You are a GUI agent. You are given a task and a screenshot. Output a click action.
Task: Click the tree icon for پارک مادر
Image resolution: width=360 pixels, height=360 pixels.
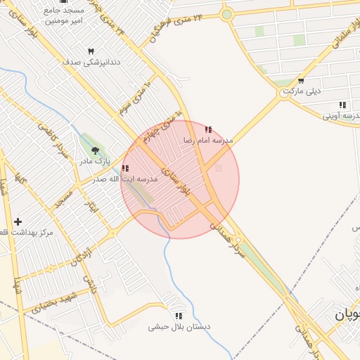click(96, 150)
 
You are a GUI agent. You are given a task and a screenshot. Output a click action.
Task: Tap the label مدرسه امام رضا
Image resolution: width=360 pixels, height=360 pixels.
click(207, 141)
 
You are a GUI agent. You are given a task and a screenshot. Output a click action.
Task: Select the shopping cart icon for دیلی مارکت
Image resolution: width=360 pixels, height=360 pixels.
click(301, 81)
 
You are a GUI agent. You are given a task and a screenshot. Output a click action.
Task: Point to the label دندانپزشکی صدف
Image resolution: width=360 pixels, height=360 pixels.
click(91, 62)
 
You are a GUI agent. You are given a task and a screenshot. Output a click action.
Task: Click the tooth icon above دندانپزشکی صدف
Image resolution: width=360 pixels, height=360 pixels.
click(91, 51)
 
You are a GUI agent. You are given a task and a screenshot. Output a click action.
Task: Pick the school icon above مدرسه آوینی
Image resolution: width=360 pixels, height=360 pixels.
click(342, 105)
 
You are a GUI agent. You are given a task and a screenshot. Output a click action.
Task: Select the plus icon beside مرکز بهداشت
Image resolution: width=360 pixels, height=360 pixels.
click(18, 222)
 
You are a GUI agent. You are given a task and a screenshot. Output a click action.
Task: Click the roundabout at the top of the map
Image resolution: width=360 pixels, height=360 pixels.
click(226, 14)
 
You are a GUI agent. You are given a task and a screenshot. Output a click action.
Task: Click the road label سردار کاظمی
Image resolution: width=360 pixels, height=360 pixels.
click(59, 145)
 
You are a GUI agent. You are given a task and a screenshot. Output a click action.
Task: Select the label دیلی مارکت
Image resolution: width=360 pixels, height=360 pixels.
click(302, 91)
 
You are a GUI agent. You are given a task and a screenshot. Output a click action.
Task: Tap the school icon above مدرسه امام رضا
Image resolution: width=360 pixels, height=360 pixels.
click(208, 130)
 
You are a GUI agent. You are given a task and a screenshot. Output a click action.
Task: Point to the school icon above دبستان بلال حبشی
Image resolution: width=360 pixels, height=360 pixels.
click(179, 316)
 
